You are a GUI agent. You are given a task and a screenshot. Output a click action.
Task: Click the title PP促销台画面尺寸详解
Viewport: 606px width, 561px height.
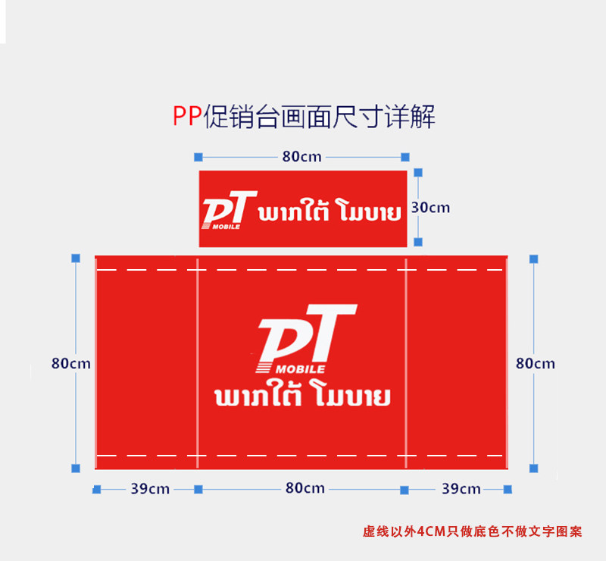(303, 118)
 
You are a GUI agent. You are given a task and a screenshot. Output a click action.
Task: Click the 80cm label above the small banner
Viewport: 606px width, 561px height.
(301, 157)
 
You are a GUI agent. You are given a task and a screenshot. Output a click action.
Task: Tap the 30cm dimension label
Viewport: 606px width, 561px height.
(430, 207)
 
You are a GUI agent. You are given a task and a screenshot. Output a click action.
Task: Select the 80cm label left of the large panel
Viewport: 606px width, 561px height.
(70, 363)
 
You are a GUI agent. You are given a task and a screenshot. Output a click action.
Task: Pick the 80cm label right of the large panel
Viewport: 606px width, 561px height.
(535, 363)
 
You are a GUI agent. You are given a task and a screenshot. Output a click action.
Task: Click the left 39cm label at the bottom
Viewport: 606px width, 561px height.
(149, 489)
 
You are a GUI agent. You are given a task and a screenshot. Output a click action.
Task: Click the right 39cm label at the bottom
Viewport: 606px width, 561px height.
(461, 489)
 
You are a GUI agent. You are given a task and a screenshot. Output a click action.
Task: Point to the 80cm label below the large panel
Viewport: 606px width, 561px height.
(305, 488)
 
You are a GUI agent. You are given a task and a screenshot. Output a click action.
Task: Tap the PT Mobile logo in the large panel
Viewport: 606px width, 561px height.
(303, 339)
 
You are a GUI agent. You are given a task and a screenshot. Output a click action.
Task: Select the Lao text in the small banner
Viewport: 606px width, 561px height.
(330, 212)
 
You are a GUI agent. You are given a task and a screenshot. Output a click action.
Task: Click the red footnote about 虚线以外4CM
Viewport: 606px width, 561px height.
(473, 531)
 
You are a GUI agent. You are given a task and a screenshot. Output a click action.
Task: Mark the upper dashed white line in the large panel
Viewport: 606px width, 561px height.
(303, 269)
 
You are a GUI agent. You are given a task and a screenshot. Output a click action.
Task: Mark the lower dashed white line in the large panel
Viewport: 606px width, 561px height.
(303, 455)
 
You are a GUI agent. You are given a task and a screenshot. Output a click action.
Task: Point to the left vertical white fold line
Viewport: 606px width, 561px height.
(197, 364)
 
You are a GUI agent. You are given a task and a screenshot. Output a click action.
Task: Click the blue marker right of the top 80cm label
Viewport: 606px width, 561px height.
(405, 157)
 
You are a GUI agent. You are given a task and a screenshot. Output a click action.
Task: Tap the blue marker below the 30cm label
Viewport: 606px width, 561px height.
(417, 242)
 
